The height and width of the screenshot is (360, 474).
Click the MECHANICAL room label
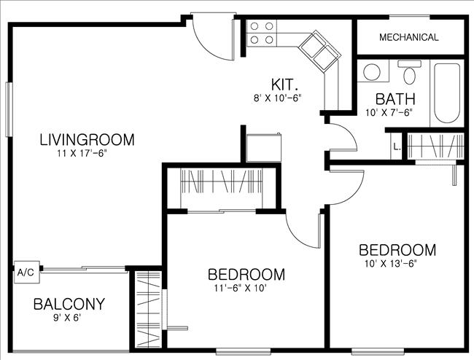tap(409, 37)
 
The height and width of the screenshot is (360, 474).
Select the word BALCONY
tap(69, 304)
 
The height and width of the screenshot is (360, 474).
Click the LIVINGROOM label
tap(87, 138)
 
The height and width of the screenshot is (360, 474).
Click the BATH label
tap(395, 99)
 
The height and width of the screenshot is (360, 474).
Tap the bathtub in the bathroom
tap(446, 93)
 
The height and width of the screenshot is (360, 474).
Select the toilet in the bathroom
tap(410, 73)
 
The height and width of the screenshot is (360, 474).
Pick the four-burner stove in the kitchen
tap(262, 34)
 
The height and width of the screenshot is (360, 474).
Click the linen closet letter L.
tap(395, 146)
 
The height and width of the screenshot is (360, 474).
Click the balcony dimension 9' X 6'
tap(67, 318)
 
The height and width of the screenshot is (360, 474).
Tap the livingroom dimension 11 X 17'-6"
tap(86, 153)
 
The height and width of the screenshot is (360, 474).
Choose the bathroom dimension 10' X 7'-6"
tap(389, 112)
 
